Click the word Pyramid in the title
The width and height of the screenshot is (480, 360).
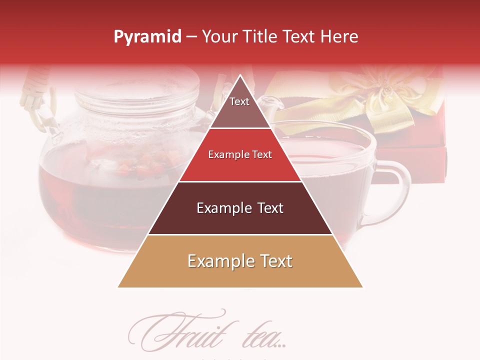[x=147, y=37]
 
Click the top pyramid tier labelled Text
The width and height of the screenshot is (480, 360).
[x=240, y=105]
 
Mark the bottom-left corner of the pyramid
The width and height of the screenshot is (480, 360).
[x=118, y=287]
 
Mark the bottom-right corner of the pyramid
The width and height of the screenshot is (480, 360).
[x=362, y=287]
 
